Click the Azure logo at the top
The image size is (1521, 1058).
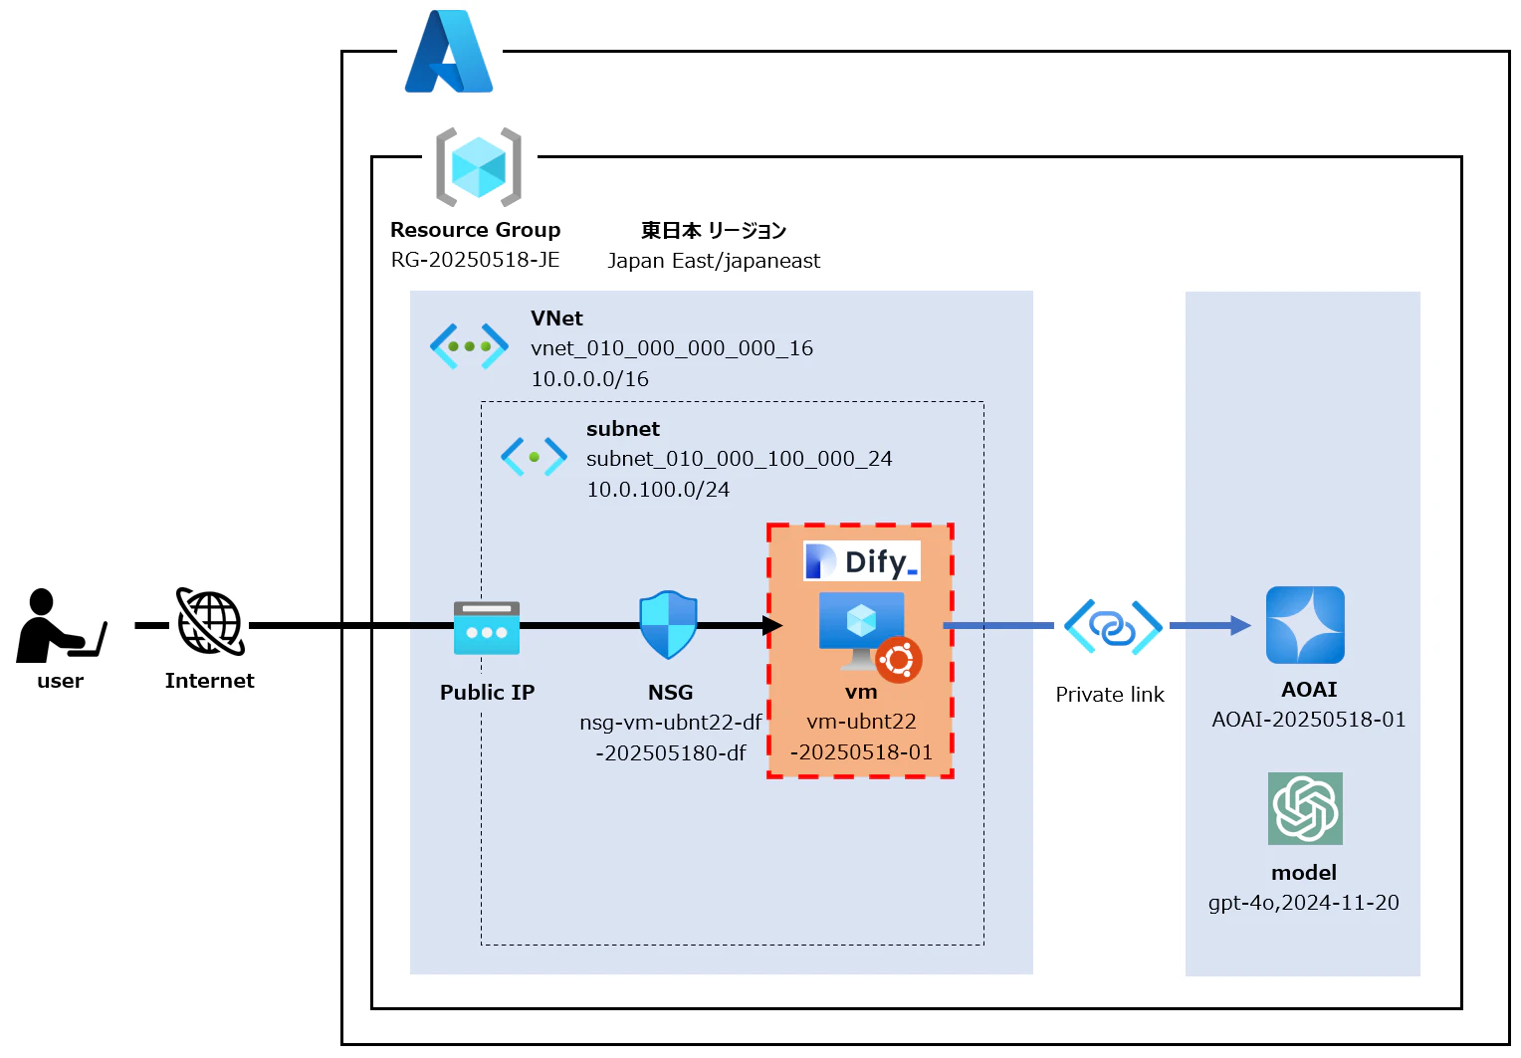coord(449,52)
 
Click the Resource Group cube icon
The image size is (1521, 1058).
coord(479,167)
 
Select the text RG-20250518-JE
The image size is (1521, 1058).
coord(475,260)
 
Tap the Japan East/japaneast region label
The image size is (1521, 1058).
coord(714,261)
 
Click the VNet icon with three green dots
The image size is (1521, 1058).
coord(469,346)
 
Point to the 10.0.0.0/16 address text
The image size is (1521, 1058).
coord(589,379)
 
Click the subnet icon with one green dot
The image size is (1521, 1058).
coord(534,457)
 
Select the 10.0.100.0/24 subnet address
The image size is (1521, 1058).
coord(658,490)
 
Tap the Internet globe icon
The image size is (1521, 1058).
coord(210,622)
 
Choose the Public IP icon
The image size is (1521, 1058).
coord(487,628)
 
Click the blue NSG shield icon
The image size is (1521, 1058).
coord(668,625)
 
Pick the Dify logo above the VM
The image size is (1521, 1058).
coord(862,561)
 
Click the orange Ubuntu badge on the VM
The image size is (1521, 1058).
coord(899,659)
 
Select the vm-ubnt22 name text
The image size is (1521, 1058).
coord(861,722)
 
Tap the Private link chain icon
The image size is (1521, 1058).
coord(1113,626)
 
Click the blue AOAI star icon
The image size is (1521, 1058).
coord(1305,625)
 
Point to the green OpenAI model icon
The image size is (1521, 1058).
coord(1305,808)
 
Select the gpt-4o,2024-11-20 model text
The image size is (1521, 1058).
coord(1303,903)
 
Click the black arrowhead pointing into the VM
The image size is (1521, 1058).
coord(772,625)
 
